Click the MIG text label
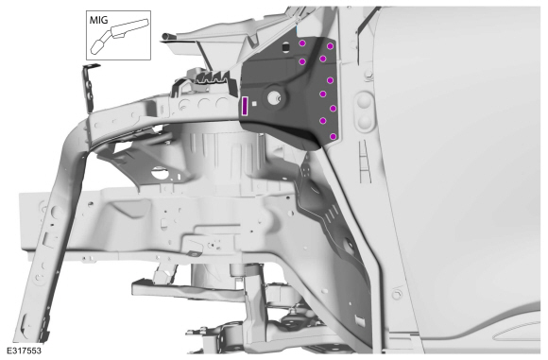click(99, 20)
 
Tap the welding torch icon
click(119, 36)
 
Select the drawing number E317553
click(24, 351)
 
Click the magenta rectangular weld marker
click(245, 106)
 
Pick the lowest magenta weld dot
click(334, 136)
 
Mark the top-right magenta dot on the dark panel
click(330, 46)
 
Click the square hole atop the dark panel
click(285, 46)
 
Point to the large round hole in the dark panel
click(273, 98)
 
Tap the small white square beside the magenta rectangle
click(255, 104)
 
